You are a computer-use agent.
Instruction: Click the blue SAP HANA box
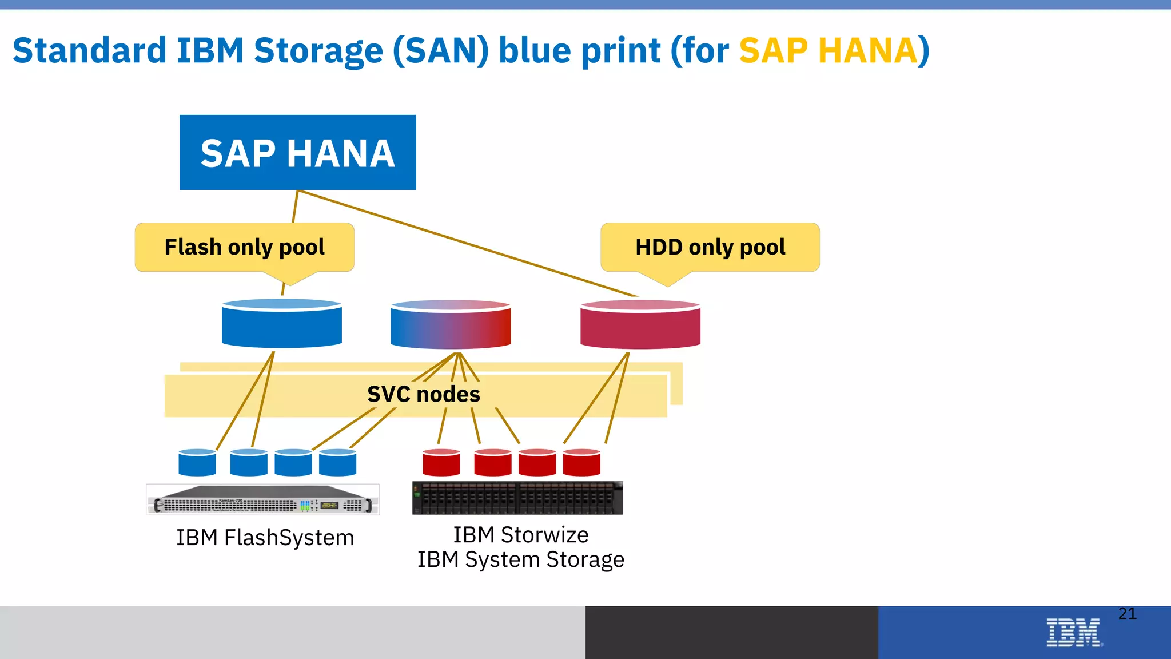pyautogui.click(x=297, y=153)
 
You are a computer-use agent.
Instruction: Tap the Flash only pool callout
pyautogui.click(x=244, y=247)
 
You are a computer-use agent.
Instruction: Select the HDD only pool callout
pyautogui.click(x=710, y=247)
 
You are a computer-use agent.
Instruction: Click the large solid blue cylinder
pyautogui.click(x=282, y=324)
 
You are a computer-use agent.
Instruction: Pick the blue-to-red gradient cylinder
pyautogui.click(x=451, y=325)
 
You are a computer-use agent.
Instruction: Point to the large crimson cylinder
pyautogui.click(x=640, y=325)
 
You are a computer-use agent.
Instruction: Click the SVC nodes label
pyautogui.click(x=423, y=394)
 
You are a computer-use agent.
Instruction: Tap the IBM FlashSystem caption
pyautogui.click(x=265, y=538)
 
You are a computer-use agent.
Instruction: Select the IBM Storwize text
pyautogui.click(x=520, y=535)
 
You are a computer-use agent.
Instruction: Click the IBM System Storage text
pyautogui.click(x=520, y=559)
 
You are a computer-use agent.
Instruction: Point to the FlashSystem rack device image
pyautogui.click(x=263, y=499)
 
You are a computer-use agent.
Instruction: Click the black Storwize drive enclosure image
pyautogui.click(x=517, y=498)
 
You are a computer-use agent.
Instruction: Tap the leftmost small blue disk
pyautogui.click(x=197, y=463)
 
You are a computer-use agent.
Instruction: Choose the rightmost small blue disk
pyautogui.click(x=337, y=463)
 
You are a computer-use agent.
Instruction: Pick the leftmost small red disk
pyautogui.click(x=441, y=463)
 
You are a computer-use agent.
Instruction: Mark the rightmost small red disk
pyautogui.click(x=581, y=463)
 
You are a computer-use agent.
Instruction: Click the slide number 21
pyautogui.click(x=1127, y=614)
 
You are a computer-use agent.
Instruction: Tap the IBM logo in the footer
pyautogui.click(x=1073, y=633)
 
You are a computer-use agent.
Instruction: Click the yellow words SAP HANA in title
pyautogui.click(x=828, y=50)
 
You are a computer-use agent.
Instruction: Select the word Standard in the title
pyautogui.click(x=89, y=50)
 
